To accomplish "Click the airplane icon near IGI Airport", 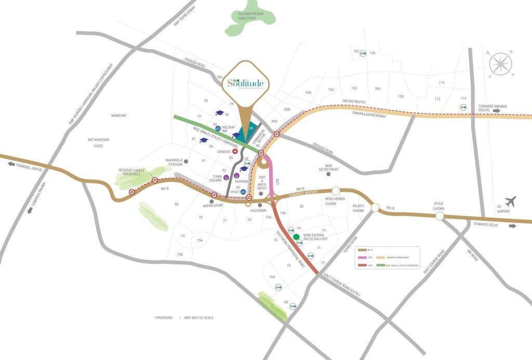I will click(511, 201).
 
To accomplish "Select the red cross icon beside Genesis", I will click(235, 151).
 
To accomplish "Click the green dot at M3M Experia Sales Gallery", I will click(296, 237).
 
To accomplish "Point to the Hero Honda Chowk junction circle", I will click(336, 191).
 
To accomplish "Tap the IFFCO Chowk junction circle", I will click(440, 215).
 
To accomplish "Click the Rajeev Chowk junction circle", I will click(375, 208).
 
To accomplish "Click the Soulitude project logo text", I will click(246, 83).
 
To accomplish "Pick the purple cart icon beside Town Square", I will click(225, 177).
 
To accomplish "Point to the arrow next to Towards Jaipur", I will click(11, 164).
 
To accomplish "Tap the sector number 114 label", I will click(442, 83).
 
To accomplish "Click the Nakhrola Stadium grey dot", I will click(186, 162).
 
